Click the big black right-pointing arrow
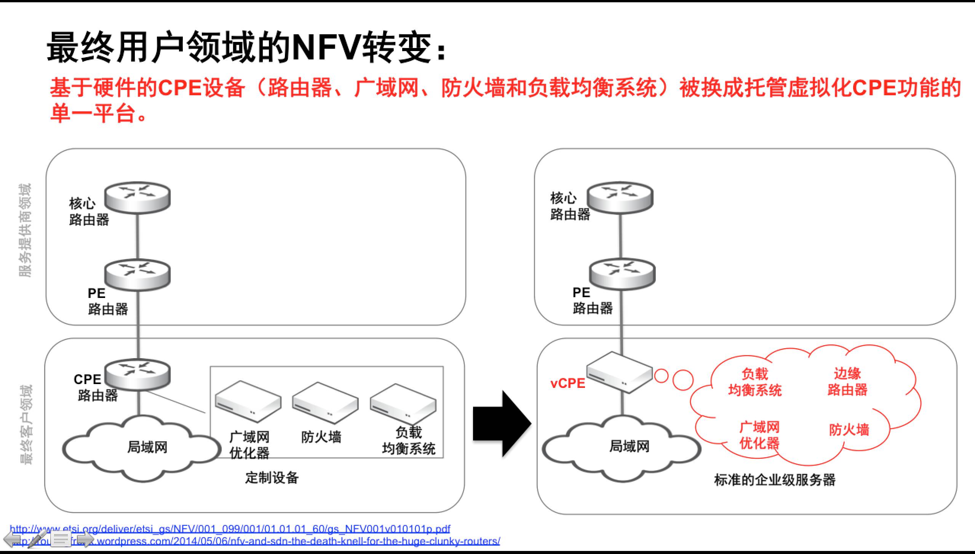coord(502,424)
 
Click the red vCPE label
coord(567,383)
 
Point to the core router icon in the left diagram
coord(137,197)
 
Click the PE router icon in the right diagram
coord(622,274)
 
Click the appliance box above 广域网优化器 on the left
coord(248,402)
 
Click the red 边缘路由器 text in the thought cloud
coord(847,382)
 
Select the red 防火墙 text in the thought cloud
coord(849,430)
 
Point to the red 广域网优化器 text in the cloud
coord(759,435)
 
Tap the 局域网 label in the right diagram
coord(629,446)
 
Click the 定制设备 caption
coord(272,477)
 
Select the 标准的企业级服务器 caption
coord(775,480)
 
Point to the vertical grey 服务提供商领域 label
coord(25,230)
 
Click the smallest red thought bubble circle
coord(661,376)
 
